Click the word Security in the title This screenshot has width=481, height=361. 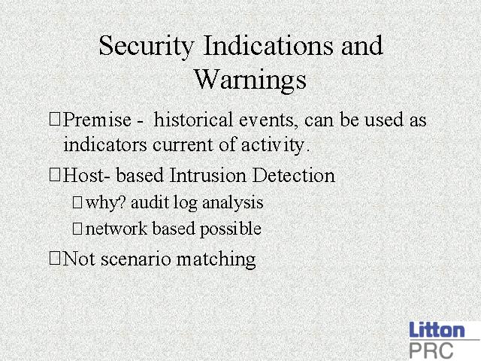click(147, 47)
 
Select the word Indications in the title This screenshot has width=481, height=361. click(268, 45)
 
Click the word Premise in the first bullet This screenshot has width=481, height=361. click(97, 120)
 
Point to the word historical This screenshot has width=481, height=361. click(193, 119)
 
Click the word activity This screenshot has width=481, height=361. click(275, 145)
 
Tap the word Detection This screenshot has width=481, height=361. click(294, 175)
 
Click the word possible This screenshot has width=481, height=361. click(231, 229)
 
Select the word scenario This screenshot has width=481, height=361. click(135, 259)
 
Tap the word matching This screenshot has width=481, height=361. click(216, 259)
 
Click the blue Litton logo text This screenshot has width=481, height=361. click(437, 330)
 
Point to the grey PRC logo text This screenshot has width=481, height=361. click(431, 350)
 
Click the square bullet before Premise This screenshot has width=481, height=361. click(55, 119)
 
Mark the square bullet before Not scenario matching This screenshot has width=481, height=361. click(55, 258)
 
